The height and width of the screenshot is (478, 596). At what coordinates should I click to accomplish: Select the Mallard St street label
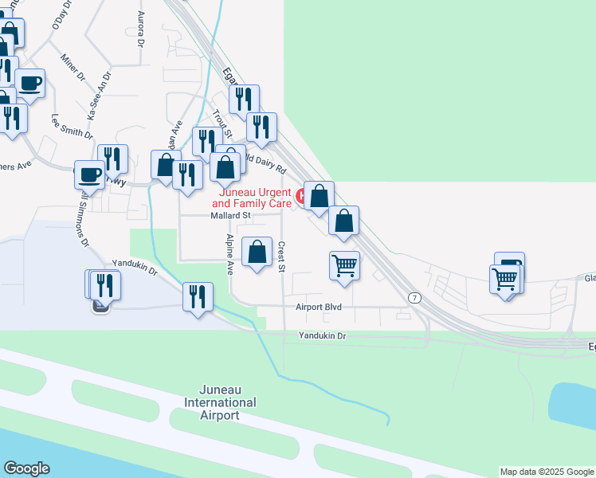click(231, 215)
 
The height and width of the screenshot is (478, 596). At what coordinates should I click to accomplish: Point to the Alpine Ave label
click(229, 254)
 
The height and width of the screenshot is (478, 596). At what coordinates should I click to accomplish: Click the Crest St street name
click(281, 257)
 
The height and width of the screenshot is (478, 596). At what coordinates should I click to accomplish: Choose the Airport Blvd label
click(318, 306)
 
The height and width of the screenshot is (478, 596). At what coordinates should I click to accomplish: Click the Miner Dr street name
click(73, 67)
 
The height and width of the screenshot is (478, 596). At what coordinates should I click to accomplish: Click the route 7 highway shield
click(414, 297)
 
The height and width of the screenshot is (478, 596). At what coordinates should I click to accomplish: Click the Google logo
click(27, 468)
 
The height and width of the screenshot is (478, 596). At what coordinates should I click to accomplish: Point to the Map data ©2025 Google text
click(547, 472)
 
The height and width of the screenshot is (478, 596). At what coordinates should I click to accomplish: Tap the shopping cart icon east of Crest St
click(344, 265)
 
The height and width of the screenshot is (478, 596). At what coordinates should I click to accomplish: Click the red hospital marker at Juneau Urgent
click(302, 195)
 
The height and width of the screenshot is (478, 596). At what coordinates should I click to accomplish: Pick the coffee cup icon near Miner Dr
click(30, 83)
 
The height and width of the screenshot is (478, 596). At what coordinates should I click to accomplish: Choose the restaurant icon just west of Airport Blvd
click(198, 297)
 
